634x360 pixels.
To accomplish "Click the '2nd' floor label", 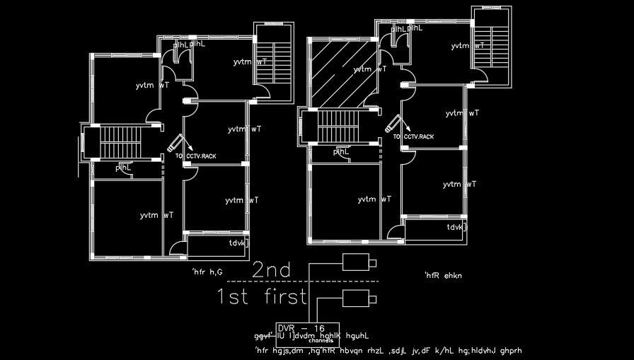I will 272,269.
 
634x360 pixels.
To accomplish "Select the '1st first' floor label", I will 261,296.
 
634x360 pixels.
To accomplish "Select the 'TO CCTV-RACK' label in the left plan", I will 196,156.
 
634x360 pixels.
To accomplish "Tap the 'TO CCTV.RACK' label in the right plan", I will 414,137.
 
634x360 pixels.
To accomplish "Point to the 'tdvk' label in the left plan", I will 238,243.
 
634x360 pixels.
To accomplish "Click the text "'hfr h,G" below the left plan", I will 207,272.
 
